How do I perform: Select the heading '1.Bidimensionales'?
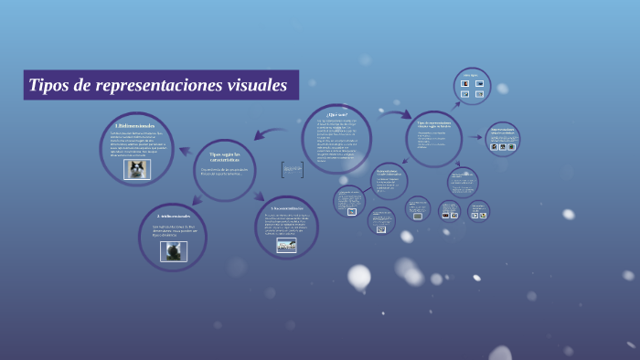pyautogui.click(x=134, y=125)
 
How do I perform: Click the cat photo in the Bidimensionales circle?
pyautogui.click(x=136, y=169)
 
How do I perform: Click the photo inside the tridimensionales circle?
pyautogui.click(x=173, y=250)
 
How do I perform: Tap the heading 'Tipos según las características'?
pyautogui.click(x=224, y=157)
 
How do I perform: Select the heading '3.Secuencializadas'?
pyautogui.click(x=286, y=208)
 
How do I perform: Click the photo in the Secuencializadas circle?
pyautogui.click(x=286, y=245)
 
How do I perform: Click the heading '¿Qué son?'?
pyautogui.click(x=336, y=114)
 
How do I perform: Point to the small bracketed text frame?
pyautogui.click(x=292, y=169)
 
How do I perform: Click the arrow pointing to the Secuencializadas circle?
pyautogui.click(x=260, y=195)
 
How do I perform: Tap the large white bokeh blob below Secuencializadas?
pyautogui.click(x=359, y=275)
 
